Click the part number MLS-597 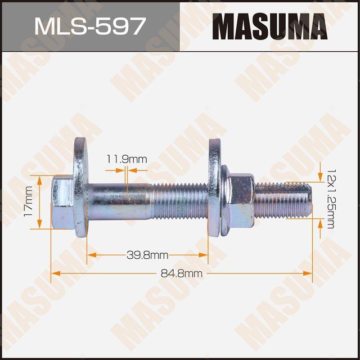[x=90, y=26]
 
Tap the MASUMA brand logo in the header [x=269, y=26]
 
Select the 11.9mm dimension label [x=127, y=160]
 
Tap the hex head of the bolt [x=61, y=201]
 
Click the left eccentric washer [x=79, y=191]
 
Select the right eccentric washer [x=215, y=191]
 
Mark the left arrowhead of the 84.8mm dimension [x=55, y=273]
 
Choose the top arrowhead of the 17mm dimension [x=39, y=178]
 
